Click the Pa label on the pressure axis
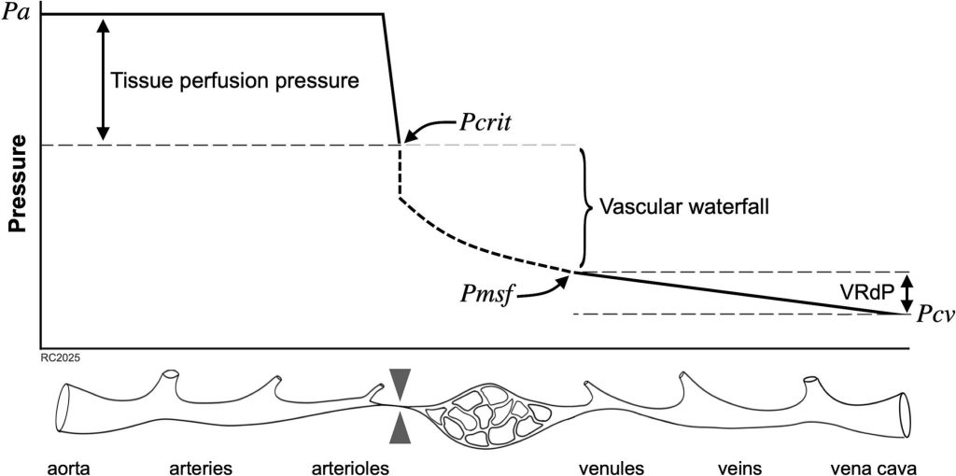(17, 15)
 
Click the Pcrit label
(492, 122)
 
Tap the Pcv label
(934, 315)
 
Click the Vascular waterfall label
(684, 206)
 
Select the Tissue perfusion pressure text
(234, 79)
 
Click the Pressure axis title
(16, 188)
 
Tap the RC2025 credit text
(60, 356)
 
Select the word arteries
(201, 464)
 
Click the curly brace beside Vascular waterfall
(585, 206)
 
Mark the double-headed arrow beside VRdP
(906, 292)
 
